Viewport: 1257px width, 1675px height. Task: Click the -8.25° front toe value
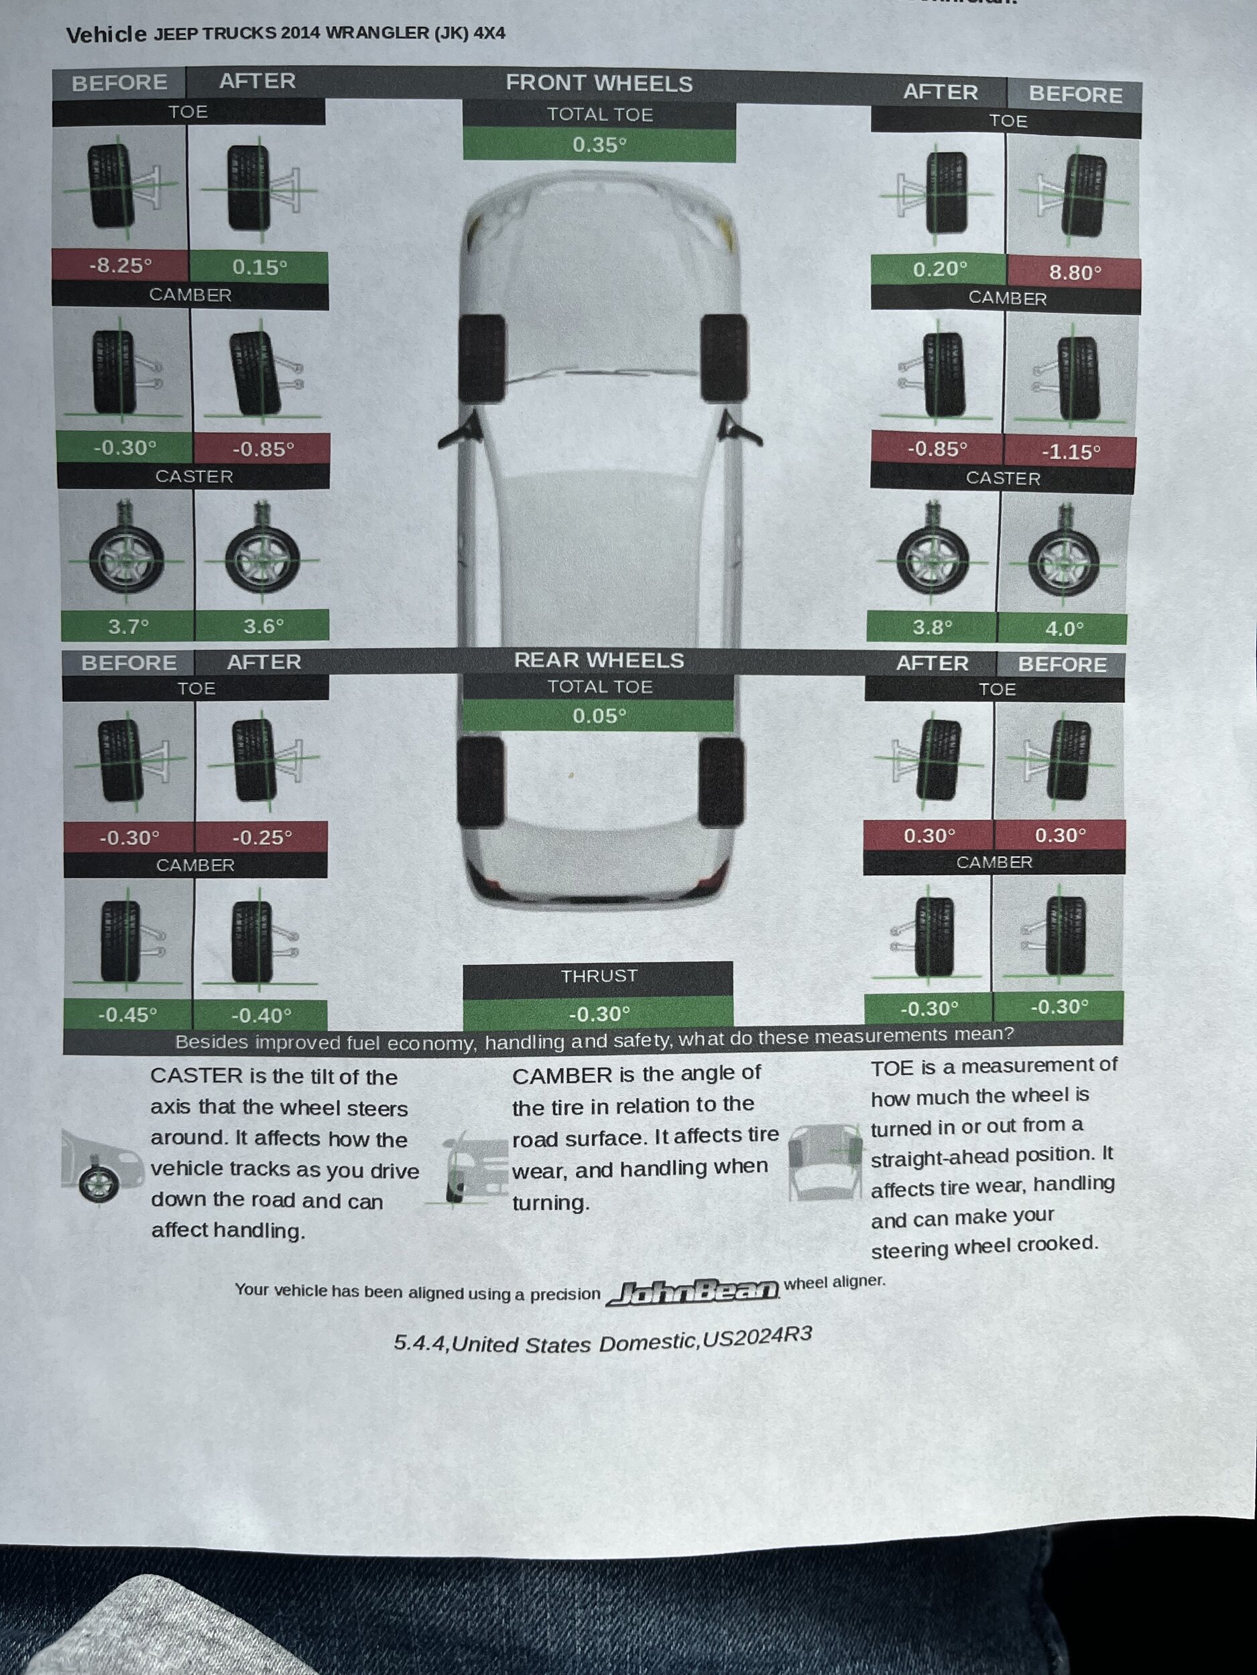[x=121, y=266]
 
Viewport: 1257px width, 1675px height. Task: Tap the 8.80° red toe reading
[x=1075, y=272]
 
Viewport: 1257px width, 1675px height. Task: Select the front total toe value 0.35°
[x=599, y=145]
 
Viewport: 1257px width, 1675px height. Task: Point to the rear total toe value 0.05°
[x=599, y=716]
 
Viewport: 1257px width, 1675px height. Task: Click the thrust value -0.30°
[x=599, y=1013]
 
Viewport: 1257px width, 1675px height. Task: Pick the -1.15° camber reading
[x=1071, y=452]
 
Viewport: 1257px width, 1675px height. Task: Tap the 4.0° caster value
[x=1065, y=628]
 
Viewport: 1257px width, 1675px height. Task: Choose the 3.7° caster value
[x=128, y=626]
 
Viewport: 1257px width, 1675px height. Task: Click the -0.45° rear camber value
[x=127, y=1014]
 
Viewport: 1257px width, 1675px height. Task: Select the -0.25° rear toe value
[x=262, y=837]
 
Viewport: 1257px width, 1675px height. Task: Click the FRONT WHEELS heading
[x=599, y=83]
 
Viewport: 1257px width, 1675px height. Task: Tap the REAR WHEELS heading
[x=599, y=661]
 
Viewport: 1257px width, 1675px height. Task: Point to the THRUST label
[x=599, y=976]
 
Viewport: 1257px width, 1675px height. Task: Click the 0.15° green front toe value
[x=259, y=267]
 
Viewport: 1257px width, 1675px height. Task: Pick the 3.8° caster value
[x=932, y=627]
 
